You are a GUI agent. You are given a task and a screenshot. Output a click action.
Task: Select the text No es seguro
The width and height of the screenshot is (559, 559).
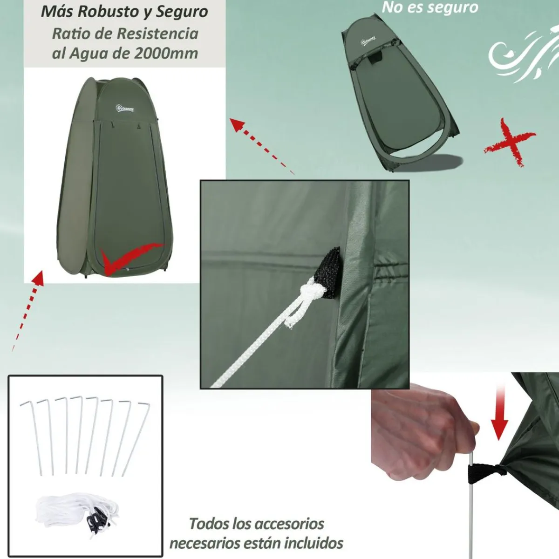tap(429, 7)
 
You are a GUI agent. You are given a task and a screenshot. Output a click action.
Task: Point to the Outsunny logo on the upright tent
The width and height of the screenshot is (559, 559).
tap(124, 108)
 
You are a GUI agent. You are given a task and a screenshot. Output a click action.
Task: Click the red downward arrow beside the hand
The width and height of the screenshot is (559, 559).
tap(499, 412)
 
